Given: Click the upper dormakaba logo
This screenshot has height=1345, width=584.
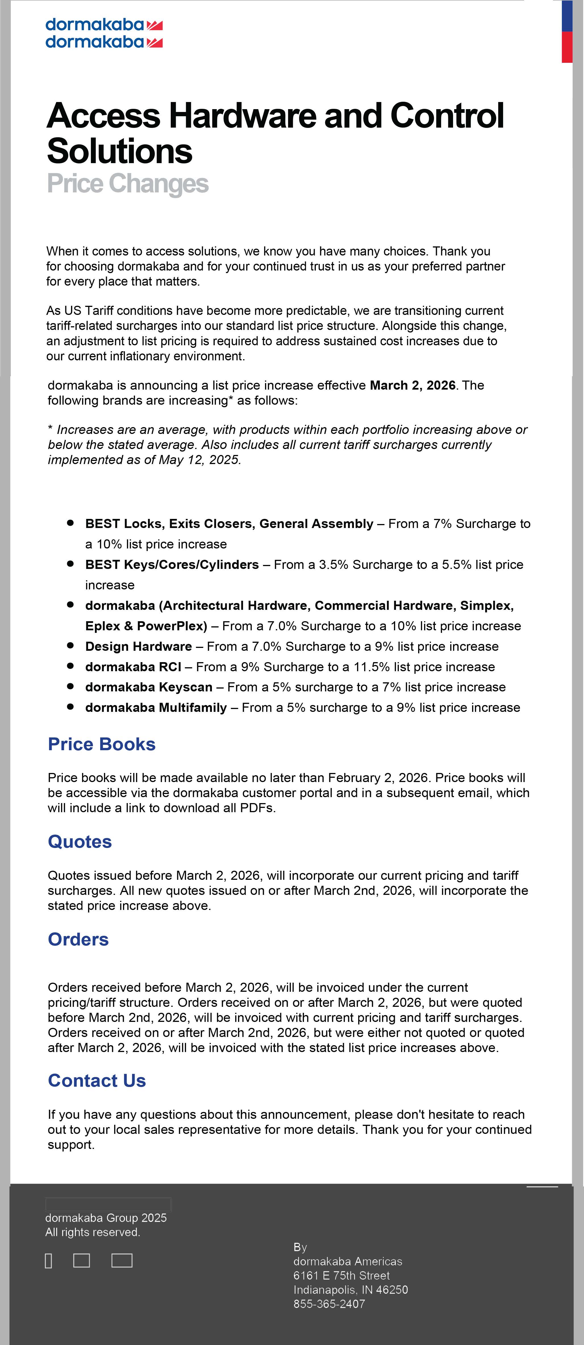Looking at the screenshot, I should click(x=104, y=24).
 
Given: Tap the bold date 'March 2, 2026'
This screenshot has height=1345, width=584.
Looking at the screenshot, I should click(x=412, y=385).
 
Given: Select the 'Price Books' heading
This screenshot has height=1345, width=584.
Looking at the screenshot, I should click(x=102, y=744).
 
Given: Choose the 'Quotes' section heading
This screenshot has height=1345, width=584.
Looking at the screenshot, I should click(x=80, y=842).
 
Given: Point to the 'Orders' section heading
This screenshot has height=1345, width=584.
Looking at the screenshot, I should click(x=78, y=939).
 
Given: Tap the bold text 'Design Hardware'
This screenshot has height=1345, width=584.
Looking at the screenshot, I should click(x=138, y=646).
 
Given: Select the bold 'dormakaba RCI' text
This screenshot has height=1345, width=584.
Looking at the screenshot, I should click(x=133, y=667).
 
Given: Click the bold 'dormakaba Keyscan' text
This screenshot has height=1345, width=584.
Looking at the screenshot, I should click(x=149, y=687).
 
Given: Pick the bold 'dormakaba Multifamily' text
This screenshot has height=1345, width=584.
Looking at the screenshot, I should click(x=156, y=708).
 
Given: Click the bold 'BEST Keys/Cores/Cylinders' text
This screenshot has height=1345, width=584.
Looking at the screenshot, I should click(x=172, y=564).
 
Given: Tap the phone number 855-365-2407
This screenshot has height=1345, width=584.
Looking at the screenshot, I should click(x=329, y=1304).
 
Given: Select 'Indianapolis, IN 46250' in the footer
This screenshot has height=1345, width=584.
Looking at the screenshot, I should click(x=350, y=1290).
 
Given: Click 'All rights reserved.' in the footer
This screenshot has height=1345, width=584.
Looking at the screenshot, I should click(x=92, y=1232).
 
